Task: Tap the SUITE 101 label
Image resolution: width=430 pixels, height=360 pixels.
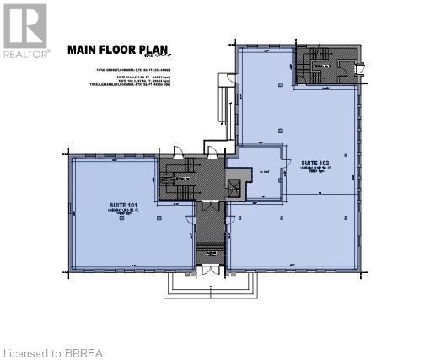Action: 122,205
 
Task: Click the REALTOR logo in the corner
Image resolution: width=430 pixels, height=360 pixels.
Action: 25,30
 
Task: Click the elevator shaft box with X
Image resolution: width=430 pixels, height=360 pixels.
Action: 234,185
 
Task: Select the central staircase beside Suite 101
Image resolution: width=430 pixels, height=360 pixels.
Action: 179,178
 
